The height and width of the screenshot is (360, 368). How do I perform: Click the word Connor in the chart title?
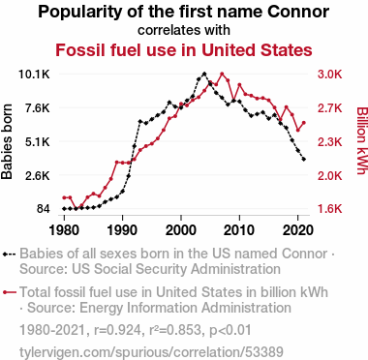(298, 12)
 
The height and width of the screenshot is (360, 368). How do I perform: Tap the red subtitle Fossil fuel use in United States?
(184, 50)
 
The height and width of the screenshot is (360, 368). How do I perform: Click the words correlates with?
(184, 30)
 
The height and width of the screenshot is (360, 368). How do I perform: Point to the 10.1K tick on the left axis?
(34, 75)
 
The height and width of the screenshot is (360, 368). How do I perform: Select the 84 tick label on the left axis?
(44, 209)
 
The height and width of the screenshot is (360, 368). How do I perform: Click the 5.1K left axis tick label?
(37, 141)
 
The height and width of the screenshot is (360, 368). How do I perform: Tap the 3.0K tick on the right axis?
(329, 75)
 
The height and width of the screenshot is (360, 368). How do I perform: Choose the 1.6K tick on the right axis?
(329, 209)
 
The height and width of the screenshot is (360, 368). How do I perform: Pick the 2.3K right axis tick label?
(329, 141)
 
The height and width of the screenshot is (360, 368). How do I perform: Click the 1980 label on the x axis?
(64, 230)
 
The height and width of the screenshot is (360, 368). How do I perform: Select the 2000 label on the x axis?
(181, 230)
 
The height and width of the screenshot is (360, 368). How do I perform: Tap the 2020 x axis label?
(297, 230)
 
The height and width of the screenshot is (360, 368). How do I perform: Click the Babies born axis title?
(7, 141)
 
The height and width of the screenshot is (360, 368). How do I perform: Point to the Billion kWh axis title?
(362, 141)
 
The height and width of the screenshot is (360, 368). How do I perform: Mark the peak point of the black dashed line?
(204, 75)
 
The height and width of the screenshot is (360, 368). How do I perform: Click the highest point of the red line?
(222, 75)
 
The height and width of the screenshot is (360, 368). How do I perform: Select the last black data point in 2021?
(304, 160)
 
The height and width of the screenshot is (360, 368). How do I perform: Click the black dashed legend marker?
(9, 254)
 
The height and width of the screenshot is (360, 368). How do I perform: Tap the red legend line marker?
(10, 292)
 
